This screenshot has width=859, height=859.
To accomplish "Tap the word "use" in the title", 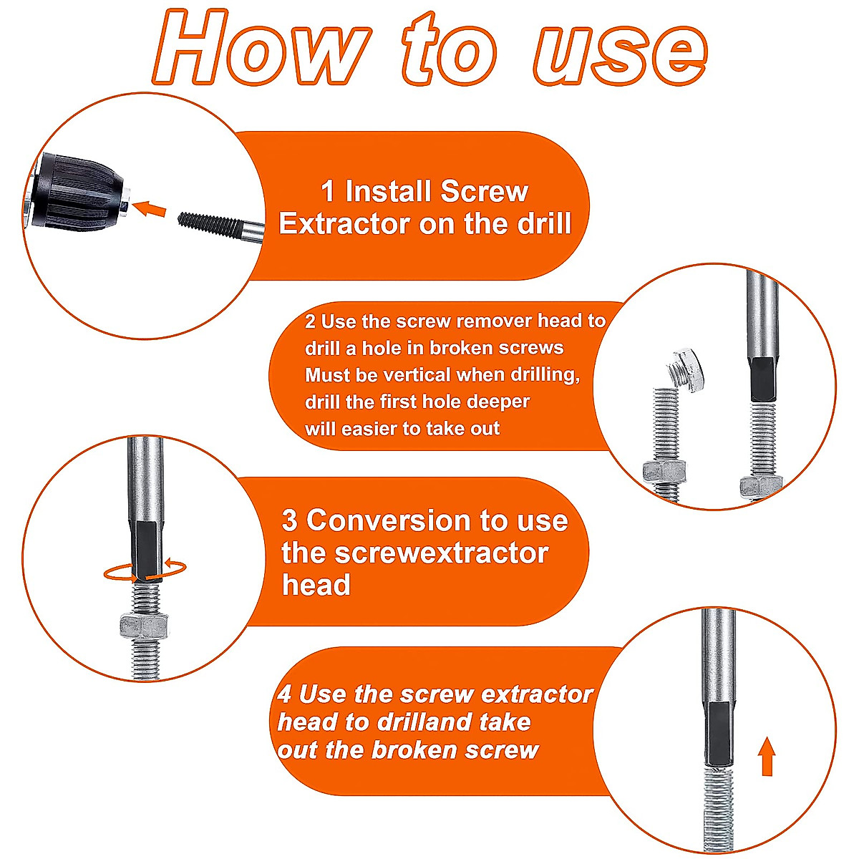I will (x=620, y=49).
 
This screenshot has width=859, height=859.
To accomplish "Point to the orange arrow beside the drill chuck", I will (x=150, y=209).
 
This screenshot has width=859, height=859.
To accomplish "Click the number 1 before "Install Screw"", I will (x=328, y=192).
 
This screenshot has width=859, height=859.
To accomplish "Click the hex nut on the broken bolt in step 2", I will (x=664, y=470).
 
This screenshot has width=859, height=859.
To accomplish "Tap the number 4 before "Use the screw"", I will (x=284, y=694).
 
